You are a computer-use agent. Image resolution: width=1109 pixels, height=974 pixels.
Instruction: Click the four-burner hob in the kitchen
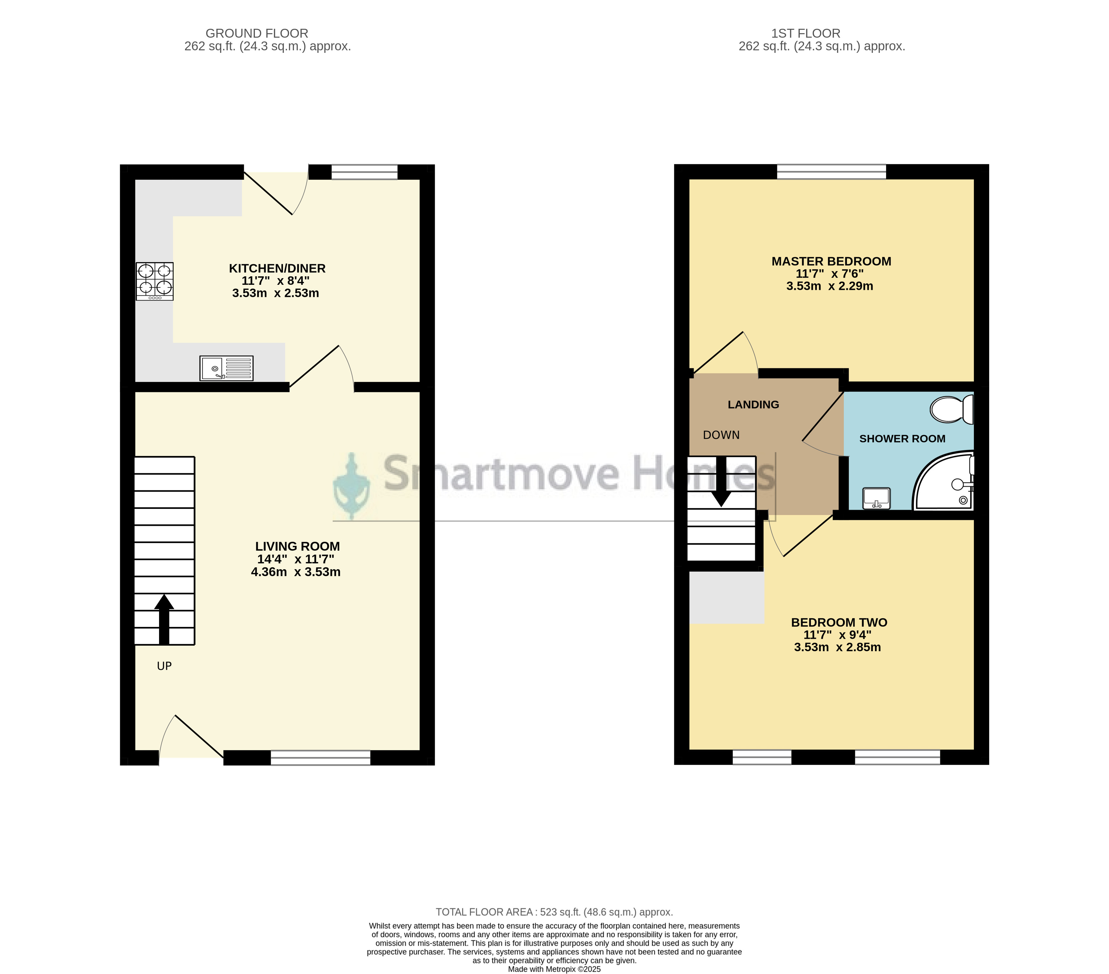[155, 281]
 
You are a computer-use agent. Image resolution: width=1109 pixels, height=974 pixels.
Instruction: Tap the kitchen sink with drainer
[226, 368]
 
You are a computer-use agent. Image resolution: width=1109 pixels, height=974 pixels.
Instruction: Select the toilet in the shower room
[952, 409]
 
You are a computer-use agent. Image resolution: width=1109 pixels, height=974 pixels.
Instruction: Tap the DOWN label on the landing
[721, 435]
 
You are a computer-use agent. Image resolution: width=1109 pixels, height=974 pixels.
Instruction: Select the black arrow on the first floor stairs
[721, 482]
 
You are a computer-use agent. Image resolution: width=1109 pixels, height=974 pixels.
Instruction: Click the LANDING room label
[753, 404]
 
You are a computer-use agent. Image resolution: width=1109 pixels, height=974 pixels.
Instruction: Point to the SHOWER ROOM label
[902, 439]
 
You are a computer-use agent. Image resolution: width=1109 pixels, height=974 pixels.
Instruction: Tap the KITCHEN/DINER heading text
[277, 268]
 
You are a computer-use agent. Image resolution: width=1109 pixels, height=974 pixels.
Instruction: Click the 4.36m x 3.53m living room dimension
[296, 572]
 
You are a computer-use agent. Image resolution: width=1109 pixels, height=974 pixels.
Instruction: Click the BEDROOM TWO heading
[839, 623]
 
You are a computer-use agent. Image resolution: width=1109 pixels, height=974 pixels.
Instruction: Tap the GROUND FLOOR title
[257, 34]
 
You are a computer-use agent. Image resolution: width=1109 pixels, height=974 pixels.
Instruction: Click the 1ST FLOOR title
[806, 34]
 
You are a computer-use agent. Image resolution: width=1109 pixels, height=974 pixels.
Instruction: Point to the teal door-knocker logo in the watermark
[352, 486]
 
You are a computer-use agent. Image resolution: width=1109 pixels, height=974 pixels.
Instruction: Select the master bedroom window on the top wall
[831, 172]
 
